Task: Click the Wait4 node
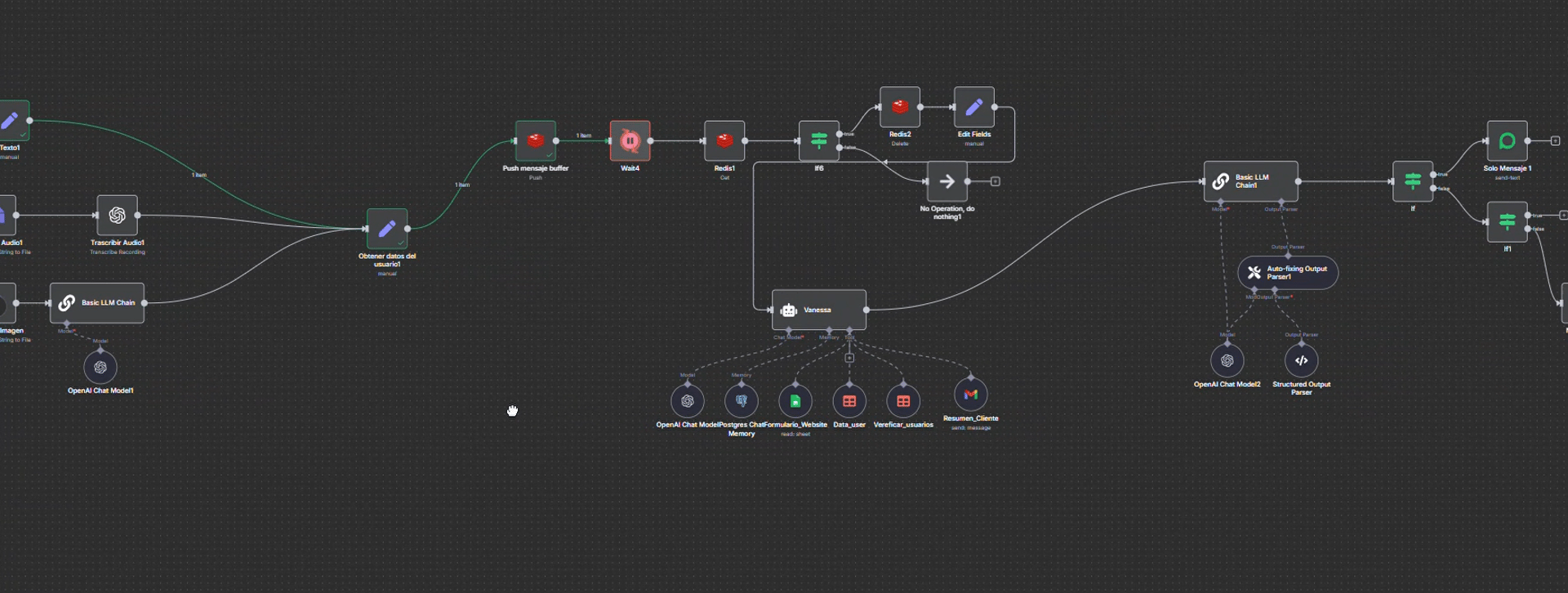pyautogui.click(x=630, y=140)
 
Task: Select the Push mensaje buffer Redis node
pyautogui.click(x=536, y=140)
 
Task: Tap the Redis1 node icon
pyautogui.click(x=724, y=140)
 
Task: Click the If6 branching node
pyautogui.click(x=818, y=140)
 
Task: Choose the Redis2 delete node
pyautogui.click(x=900, y=107)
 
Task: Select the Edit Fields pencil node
pyautogui.click(x=974, y=107)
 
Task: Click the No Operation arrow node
pyautogui.click(x=947, y=181)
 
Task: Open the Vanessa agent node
pyautogui.click(x=818, y=310)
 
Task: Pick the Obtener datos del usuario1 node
pyautogui.click(x=387, y=229)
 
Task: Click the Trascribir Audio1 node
pyautogui.click(x=118, y=215)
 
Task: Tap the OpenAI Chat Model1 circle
pyautogui.click(x=100, y=368)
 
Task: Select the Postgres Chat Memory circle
pyautogui.click(x=742, y=401)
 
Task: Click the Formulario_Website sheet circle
pyautogui.click(x=795, y=401)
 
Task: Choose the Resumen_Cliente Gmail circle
pyautogui.click(x=971, y=395)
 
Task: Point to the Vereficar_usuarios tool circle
pyautogui.click(x=903, y=401)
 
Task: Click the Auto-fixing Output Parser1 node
pyautogui.click(x=1288, y=273)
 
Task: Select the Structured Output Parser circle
pyautogui.click(x=1302, y=360)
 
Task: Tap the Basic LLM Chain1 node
pyautogui.click(x=1250, y=181)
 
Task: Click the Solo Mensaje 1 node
pyautogui.click(x=1508, y=140)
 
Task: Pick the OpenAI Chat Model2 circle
pyautogui.click(x=1227, y=360)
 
